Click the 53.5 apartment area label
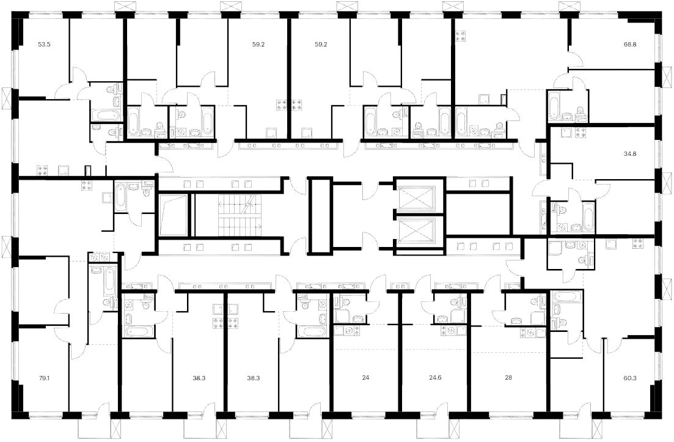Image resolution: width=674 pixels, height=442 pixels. click(x=44, y=44)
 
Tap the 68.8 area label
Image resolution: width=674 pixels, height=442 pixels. click(x=630, y=44)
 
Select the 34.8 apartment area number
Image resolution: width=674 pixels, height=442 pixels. click(x=630, y=153)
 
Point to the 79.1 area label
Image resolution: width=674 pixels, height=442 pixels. click(x=44, y=378)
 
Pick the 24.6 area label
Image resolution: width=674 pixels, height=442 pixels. click(x=435, y=378)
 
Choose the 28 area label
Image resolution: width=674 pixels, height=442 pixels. click(x=508, y=378)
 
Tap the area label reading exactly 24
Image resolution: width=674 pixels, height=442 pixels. click(x=365, y=378)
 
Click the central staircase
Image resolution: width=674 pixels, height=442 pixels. click(x=240, y=215)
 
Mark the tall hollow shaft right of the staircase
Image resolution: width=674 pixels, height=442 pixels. click(x=321, y=215)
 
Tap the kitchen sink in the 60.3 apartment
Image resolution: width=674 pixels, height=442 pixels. click(x=610, y=244)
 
